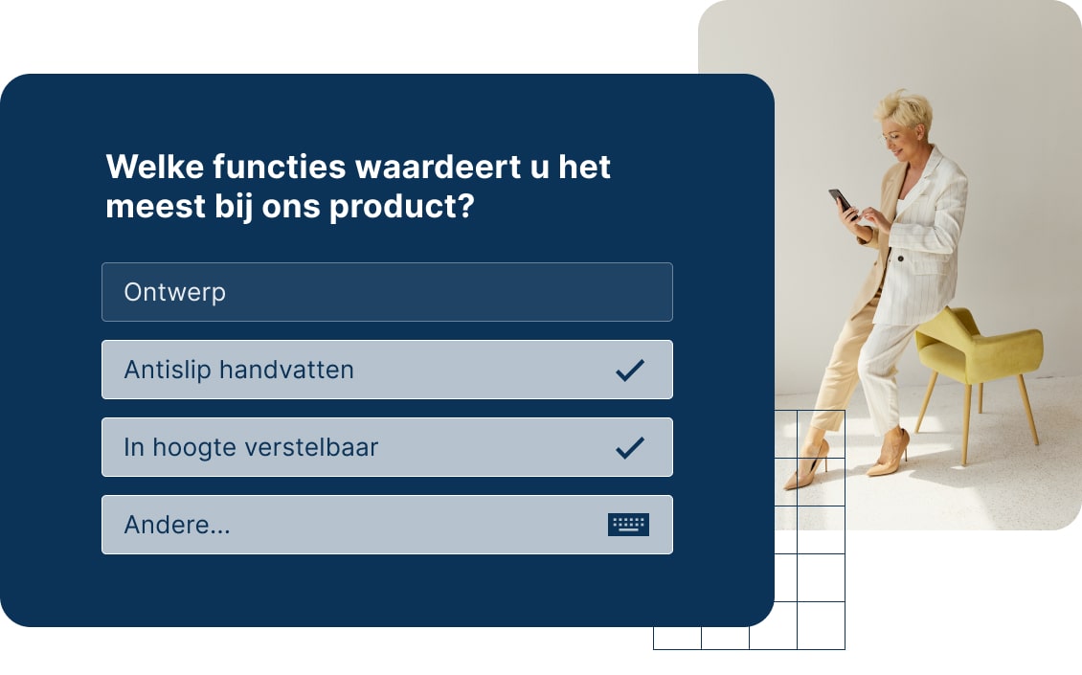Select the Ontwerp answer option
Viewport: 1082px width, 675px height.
click(175, 292)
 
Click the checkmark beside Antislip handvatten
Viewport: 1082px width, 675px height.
click(629, 370)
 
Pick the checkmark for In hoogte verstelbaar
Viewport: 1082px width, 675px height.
click(629, 447)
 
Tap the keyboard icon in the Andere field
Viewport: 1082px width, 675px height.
click(628, 525)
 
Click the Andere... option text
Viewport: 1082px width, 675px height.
click(177, 525)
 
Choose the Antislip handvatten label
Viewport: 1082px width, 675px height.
click(238, 370)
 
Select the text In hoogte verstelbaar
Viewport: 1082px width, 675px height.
click(251, 447)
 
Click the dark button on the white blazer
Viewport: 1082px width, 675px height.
click(900, 258)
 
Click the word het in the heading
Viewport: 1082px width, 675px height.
click(584, 167)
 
